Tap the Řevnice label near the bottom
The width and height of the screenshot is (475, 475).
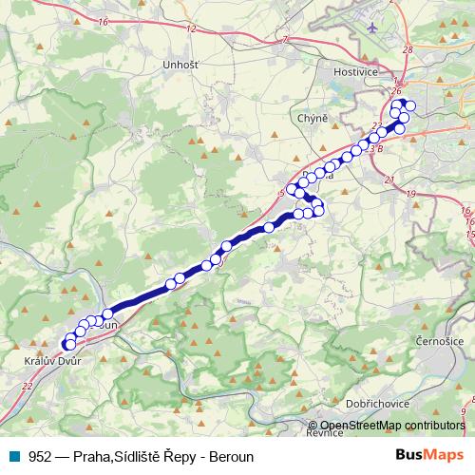[x=323, y=433]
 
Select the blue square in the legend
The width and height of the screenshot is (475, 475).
[x=14, y=456]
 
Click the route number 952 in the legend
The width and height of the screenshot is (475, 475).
[x=41, y=456]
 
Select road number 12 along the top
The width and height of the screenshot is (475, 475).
[x=191, y=28]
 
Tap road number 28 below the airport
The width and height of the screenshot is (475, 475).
[x=407, y=48]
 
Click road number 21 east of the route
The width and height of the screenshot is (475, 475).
[x=390, y=179]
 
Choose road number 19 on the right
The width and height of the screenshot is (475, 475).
[x=410, y=193]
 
